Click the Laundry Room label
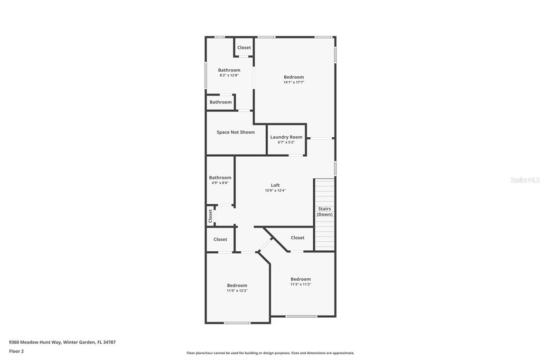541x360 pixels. (286, 137)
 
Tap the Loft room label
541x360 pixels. (275, 185)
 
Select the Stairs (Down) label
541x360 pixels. (325, 211)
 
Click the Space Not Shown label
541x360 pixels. (236, 132)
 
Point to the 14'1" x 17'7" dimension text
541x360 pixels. (294, 82)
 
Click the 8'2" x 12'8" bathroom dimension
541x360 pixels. (229, 75)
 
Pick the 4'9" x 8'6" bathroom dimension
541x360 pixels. (220, 183)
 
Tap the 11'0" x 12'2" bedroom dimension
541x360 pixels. (237, 291)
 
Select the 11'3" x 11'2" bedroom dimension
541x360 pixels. (301, 285)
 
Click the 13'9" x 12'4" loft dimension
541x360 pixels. (275, 191)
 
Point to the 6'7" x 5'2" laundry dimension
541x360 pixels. (286, 142)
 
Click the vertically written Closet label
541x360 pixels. (210, 216)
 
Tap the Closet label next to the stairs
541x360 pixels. (297, 238)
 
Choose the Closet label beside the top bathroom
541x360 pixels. (244, 48)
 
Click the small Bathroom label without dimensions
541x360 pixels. (220, 102)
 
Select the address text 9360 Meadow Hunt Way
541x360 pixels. (35, 343)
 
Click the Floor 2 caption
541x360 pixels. (16, 352)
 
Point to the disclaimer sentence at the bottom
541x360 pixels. (270, 353)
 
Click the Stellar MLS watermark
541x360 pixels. (525, 180)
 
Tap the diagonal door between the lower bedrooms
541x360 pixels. (265, 244)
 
